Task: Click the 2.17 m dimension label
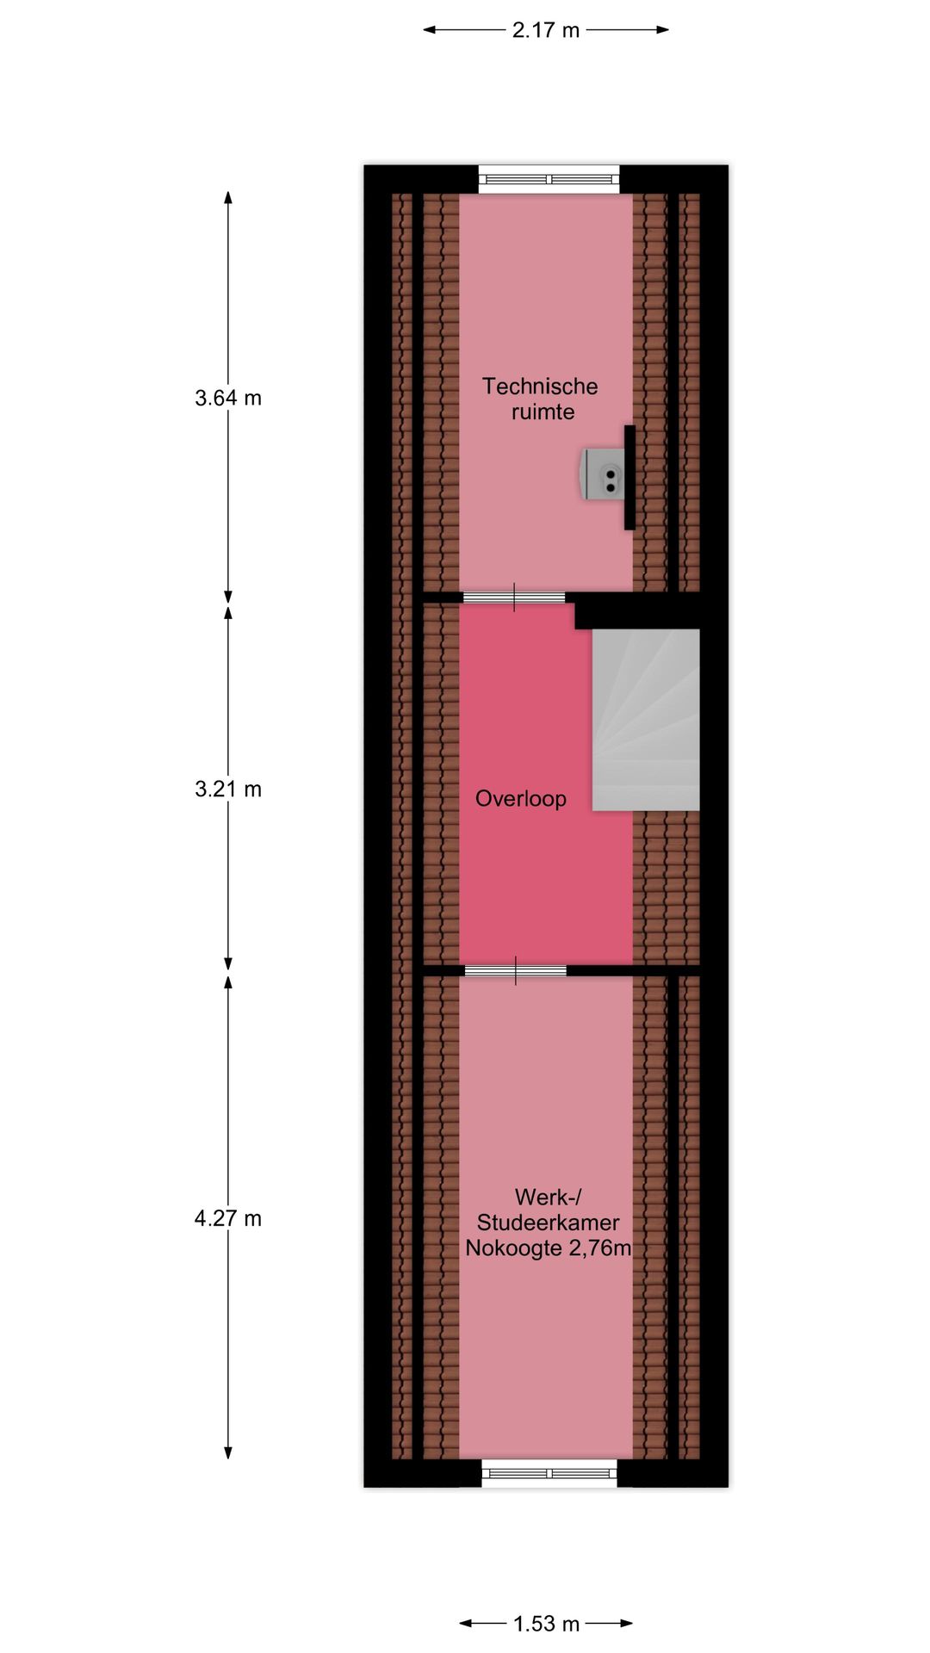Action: [x=546, y=30]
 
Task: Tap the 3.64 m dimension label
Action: [x=228, y=398]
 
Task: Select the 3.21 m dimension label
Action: [x=228, y=789]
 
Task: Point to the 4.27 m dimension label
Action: [x=228, y=1218]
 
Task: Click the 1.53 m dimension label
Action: [x=547, y=1624]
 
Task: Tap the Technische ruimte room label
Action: [x=541, y=399]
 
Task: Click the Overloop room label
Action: [x=521, y=799]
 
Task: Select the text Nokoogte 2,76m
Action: [x=549, y=1248]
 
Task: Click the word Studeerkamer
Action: [x=549, y=1223]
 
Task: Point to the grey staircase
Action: [x=645, y=720]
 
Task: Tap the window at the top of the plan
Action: [x=549, y=179]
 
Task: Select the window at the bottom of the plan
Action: [x=549, y=1473]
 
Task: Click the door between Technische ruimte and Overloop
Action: [x=514, y=597]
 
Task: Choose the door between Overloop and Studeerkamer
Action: [x=516, y=971]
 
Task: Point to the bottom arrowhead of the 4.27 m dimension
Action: [x=228, y=1452]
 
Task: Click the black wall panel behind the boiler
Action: [x=629, y=478]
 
